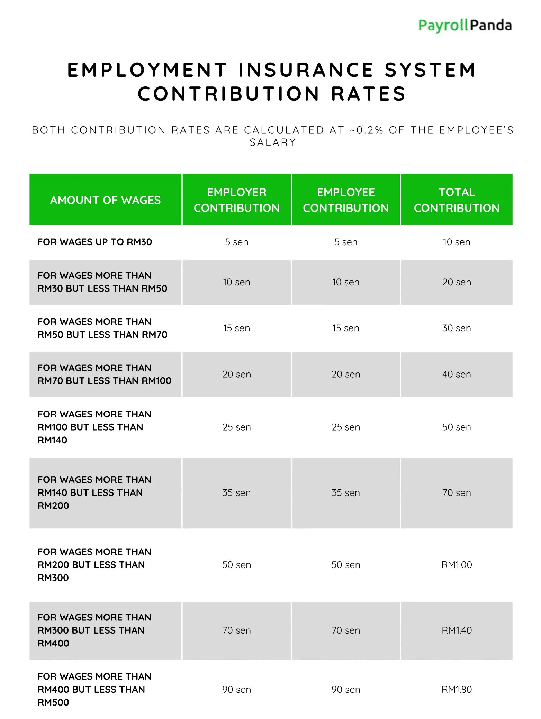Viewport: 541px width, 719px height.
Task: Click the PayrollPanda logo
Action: tap(465, 26)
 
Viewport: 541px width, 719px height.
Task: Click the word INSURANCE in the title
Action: tap(306, 70)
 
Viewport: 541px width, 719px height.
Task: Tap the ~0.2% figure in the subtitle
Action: tap(367, 130)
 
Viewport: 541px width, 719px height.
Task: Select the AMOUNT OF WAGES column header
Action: tap(105, 200)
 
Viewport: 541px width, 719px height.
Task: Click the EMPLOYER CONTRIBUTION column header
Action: tap(236, 200)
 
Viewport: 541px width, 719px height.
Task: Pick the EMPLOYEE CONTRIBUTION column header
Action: tap(346, 200)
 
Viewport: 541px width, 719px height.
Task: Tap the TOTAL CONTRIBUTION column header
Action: tap(457, 200)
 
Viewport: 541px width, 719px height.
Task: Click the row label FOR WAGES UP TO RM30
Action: tap(94, 242)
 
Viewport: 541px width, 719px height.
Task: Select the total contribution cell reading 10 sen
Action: tap(456, 242)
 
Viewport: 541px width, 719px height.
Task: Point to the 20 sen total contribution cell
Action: tap(457, 282)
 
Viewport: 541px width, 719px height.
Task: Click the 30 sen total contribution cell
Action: tap(457, 328)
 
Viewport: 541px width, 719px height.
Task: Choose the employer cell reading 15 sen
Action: tap(236, 328)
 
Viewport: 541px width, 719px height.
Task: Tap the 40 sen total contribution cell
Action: tap(457, 374)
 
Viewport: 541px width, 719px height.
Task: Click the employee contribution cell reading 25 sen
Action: tap(346, 427)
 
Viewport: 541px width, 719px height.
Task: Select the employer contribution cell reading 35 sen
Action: tap(236, 492)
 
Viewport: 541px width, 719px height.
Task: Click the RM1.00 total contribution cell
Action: tap(457, 565)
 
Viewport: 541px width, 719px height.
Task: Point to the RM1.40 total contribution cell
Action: tap(457, 630)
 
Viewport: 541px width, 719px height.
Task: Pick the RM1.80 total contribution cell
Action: tap(457, 689)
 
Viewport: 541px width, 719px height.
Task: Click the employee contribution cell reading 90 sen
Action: tap(346, 689)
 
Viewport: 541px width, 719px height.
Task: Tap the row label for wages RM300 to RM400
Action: tap(94, 630)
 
